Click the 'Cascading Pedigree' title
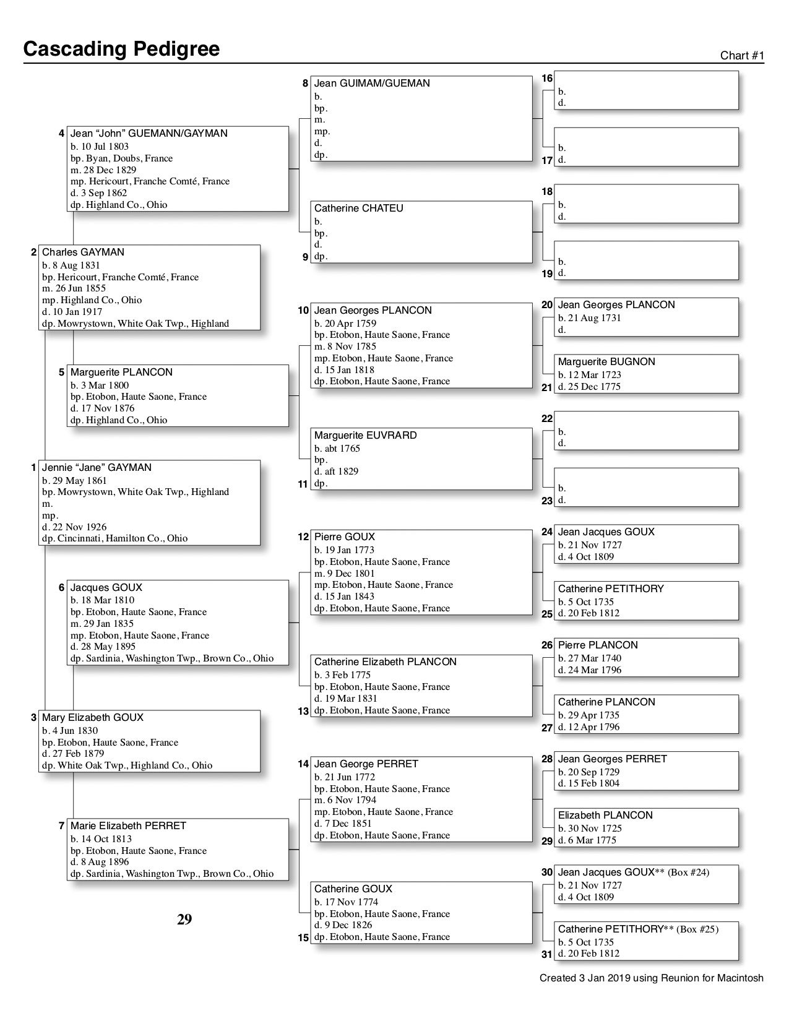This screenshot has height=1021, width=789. (121, 49)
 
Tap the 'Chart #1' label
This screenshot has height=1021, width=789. (742, 56)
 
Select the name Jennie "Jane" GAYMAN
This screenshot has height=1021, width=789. (97, 468)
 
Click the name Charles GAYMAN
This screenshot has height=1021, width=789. (83, 252)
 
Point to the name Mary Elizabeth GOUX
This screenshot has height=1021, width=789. (92, 718)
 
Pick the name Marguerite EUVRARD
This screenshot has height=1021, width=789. (365, 436)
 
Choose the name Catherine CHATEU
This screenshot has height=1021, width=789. (358, 209)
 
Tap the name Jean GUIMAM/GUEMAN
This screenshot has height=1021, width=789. (372, 84)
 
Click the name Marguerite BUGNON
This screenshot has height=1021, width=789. (606, 362)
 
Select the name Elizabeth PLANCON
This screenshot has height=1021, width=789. (605, 816)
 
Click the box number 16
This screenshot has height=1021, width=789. (547, 78)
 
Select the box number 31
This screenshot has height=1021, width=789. (547, 954)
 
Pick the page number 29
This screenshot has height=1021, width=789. (184, 920)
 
